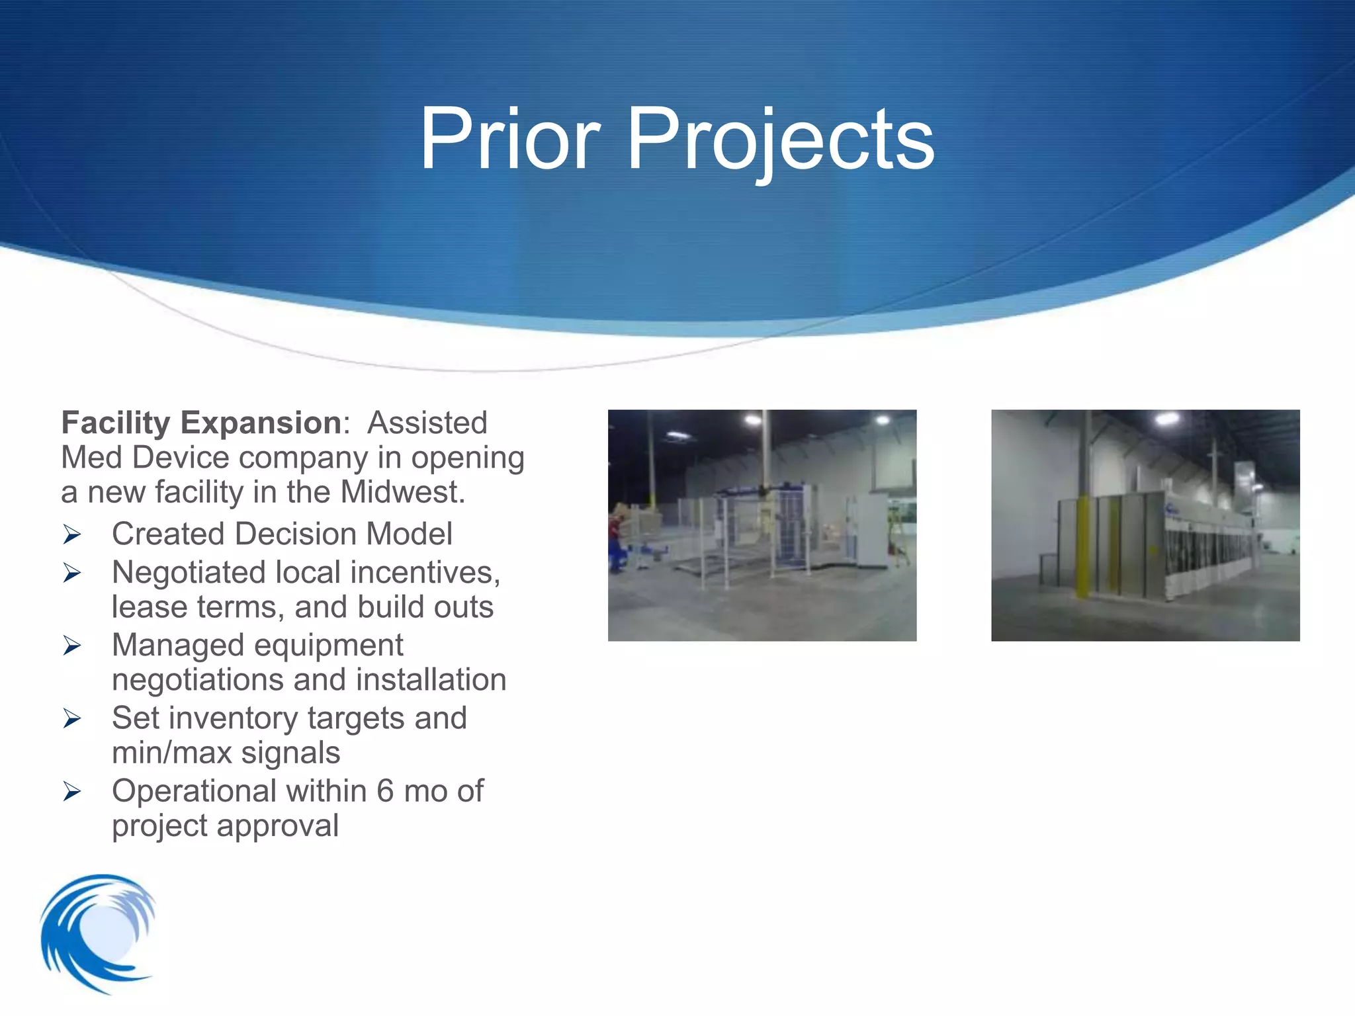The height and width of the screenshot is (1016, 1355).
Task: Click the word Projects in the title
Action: coord(781,140)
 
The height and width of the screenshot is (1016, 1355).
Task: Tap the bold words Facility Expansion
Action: coord(201,423)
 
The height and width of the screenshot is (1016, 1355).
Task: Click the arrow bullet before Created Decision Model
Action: coord(72,534)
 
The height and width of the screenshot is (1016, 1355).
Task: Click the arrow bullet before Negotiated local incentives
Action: coord(72,573)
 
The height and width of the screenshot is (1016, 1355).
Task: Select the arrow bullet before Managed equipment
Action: coord(72,646)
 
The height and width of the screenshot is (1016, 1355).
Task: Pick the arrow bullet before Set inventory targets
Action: coord(72,718)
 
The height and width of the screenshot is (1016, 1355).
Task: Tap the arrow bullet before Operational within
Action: coord(72,791)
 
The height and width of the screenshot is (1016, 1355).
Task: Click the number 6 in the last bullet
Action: coord(385,791)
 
